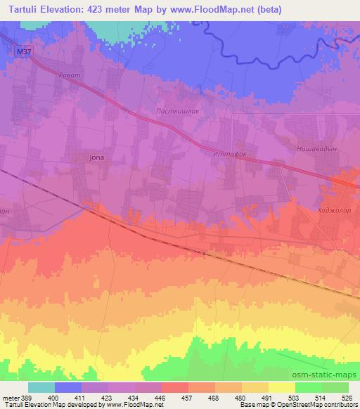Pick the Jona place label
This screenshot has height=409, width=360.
[x=96, y=157]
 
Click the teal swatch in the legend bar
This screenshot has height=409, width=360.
[x=41, y=387]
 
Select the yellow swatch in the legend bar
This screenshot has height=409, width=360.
[x=282, y=387]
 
